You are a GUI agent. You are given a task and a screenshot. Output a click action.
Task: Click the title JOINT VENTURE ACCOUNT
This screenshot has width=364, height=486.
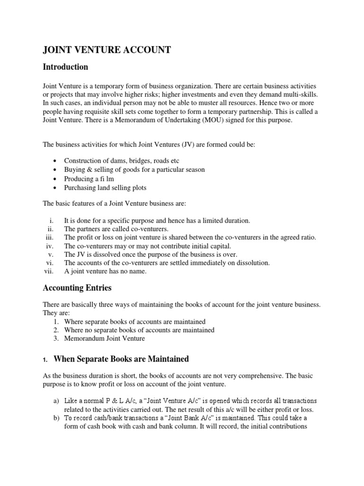pos(107,50)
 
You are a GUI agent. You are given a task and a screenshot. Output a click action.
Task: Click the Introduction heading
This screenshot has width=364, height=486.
pos(65,66)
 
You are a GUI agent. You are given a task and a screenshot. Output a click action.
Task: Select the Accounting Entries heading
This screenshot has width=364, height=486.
pos(77,288)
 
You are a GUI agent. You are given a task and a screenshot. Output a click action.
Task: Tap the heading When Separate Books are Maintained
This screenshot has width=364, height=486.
pos(121,358)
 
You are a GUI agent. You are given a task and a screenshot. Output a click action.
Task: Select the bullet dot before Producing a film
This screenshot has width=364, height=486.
pos(55,179)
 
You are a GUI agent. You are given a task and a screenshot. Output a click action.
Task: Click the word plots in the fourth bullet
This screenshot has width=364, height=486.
pos(138,188)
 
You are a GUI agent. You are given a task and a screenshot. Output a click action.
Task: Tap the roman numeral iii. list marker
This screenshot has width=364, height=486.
pos(50,237)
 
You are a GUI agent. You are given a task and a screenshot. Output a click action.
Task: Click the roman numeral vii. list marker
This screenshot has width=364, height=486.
pos(49,271)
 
